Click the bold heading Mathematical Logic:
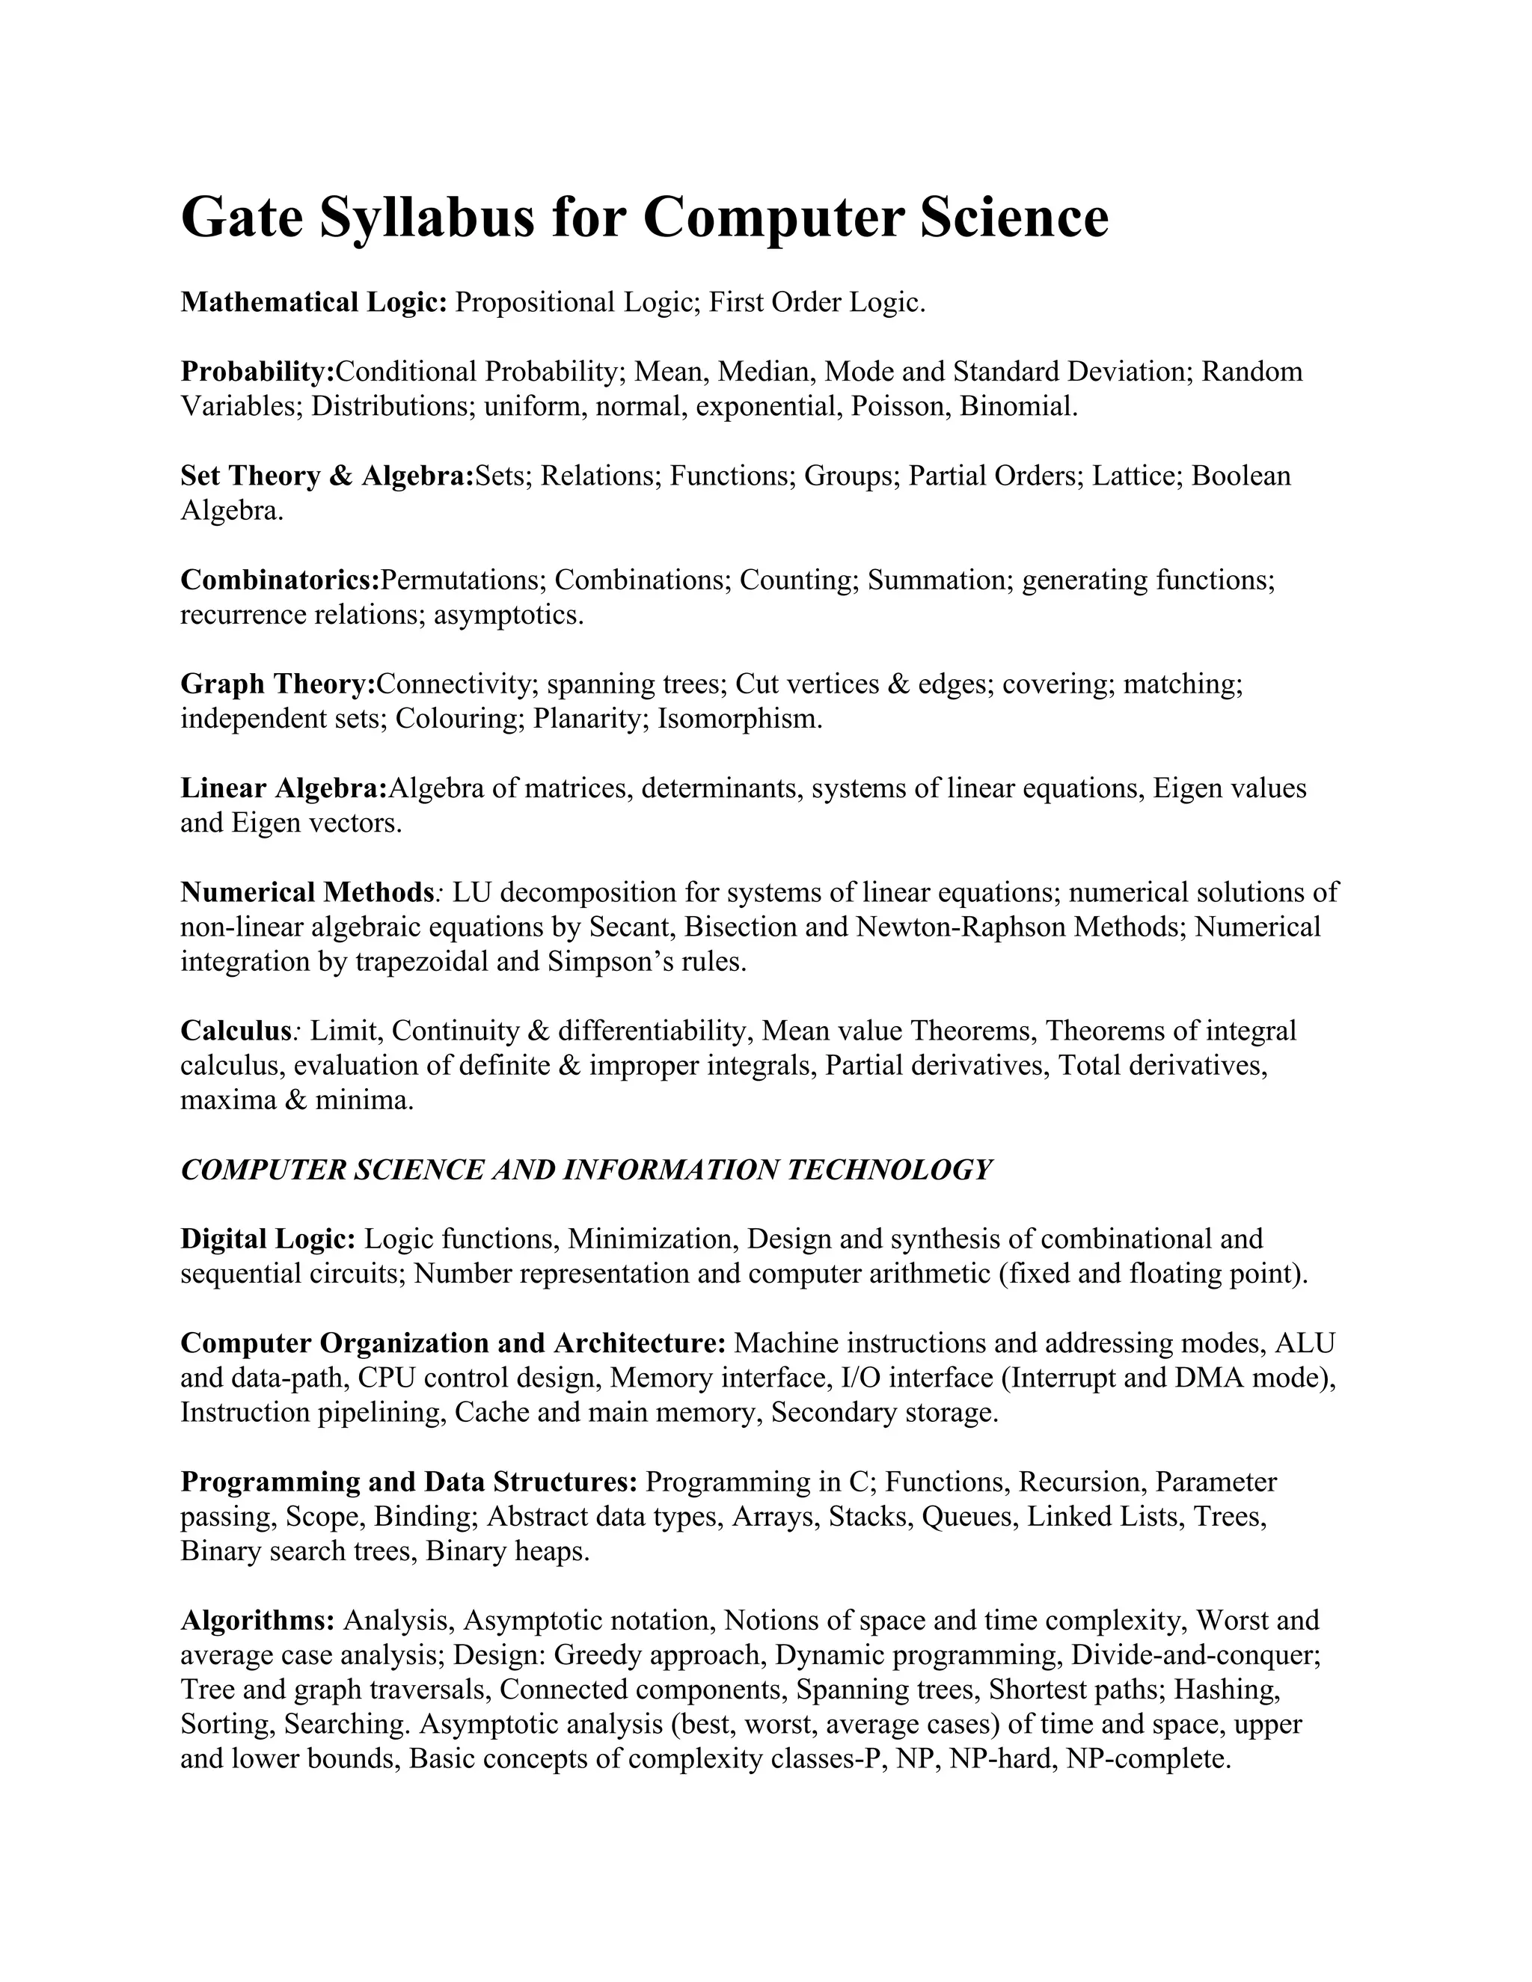(x=314, y=302)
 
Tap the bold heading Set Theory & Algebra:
(x=327, y=476)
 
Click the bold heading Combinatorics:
(x=280, y=580)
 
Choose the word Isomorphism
(x=740, y=719)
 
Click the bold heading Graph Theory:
(x=278, y=684)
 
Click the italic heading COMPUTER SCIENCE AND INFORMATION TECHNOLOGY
(x=586, y=1170)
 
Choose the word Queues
(x=969, y=1518)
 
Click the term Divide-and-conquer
(x=1195, y=1655)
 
